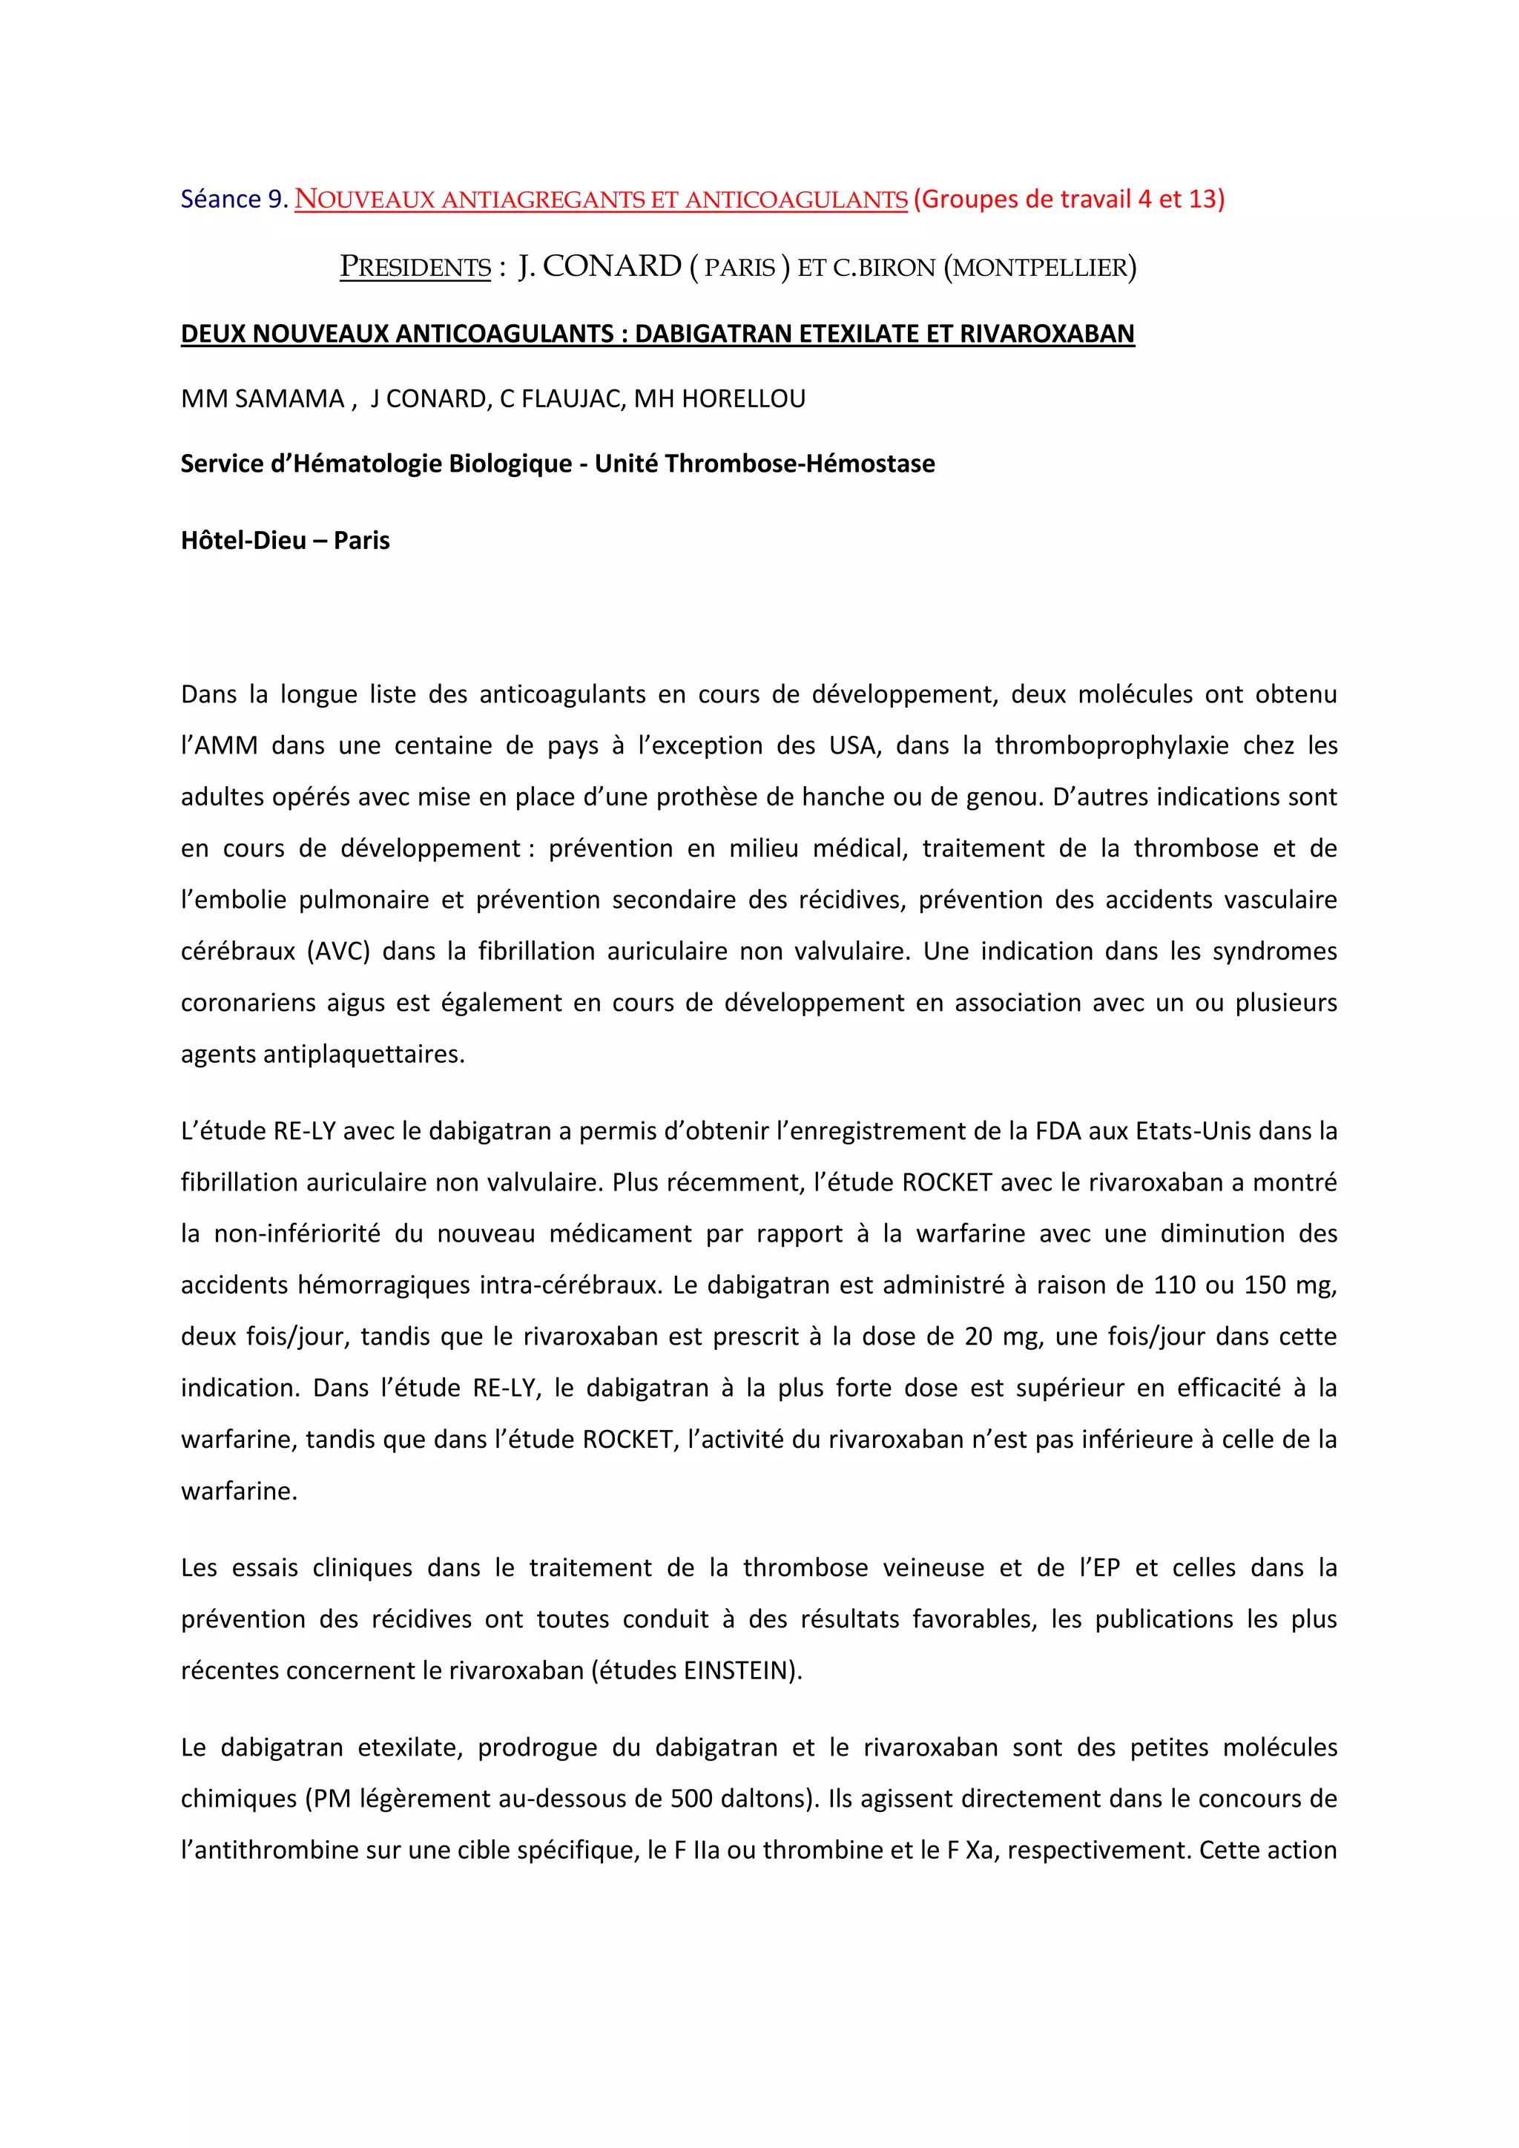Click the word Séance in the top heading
[221, 200]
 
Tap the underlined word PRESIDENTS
[415, 268]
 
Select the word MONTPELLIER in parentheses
[1040, 268]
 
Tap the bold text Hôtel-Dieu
[243, 541]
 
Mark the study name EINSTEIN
[738, 1671]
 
